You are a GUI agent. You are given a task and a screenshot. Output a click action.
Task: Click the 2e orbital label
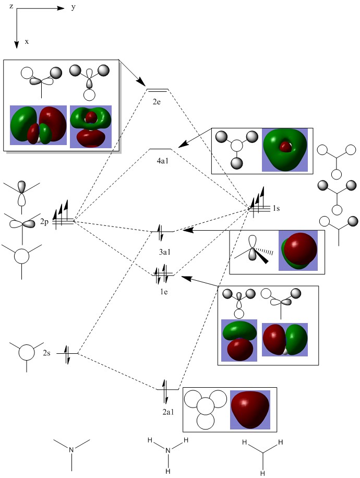point(157,102)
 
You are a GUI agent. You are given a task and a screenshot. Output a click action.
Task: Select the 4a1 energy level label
point(161,161)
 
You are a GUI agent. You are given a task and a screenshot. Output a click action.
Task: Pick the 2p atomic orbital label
point(45,222)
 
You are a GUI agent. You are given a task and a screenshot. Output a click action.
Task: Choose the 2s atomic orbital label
point(47,354)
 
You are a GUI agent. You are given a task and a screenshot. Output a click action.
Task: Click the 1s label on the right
point(276,209)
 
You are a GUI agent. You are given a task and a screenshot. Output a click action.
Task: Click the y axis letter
point(73,8)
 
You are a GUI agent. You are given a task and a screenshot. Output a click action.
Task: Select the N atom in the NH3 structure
point(168,450)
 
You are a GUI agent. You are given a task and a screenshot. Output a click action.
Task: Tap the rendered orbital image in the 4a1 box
point(285,150)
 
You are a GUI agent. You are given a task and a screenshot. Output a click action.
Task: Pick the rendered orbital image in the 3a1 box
point(298,251)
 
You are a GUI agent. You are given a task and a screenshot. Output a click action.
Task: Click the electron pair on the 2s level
point(67,354)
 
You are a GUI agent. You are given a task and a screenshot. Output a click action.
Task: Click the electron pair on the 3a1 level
point(162,231)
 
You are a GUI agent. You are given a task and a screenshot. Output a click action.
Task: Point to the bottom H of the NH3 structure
point(168,471)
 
